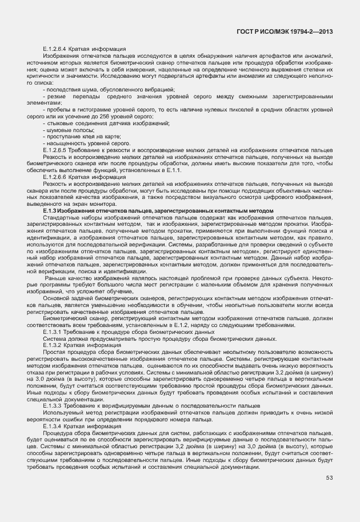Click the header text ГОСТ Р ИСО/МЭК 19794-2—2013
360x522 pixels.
tap(285, 32)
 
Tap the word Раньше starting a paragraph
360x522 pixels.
tap(55, 278)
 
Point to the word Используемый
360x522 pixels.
tap(62, 412)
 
